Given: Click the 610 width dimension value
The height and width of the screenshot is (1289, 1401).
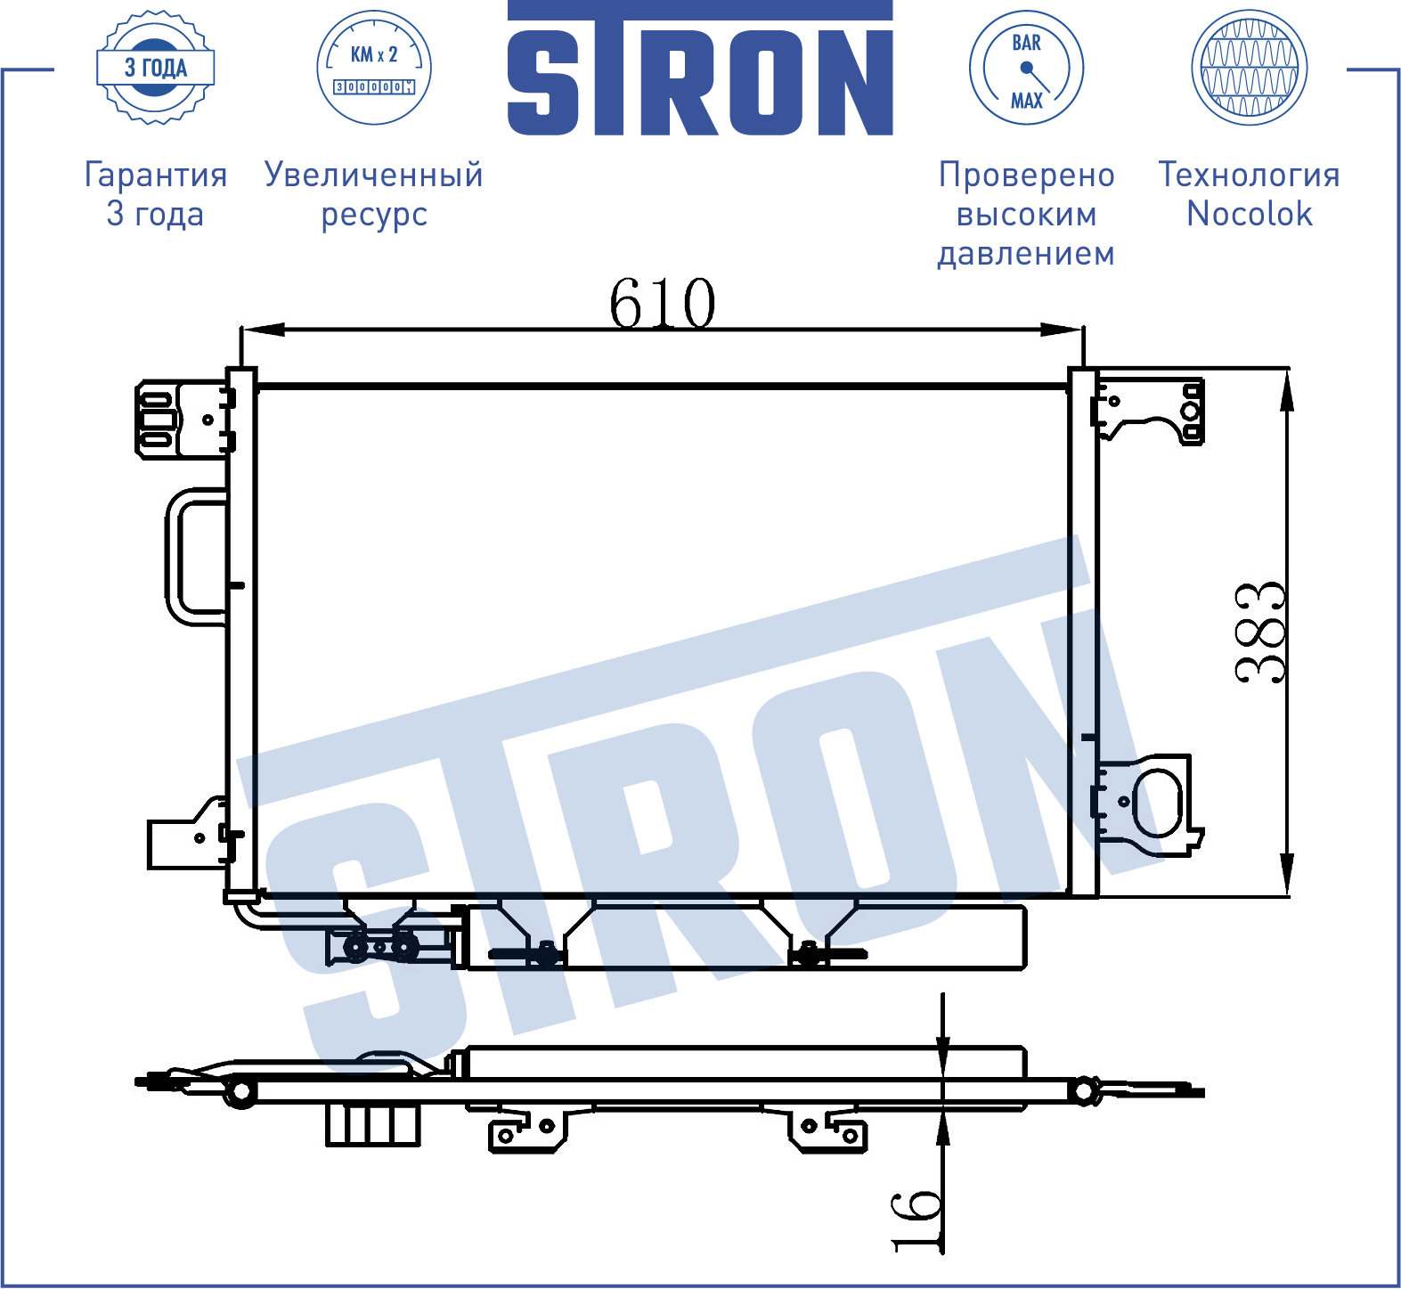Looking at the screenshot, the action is click(662, 303).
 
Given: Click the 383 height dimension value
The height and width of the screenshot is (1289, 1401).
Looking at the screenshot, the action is click(1260, 632).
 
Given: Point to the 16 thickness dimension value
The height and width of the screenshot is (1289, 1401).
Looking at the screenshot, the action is click(916, 1220).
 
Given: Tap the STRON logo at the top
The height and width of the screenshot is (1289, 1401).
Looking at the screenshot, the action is click(700, 69).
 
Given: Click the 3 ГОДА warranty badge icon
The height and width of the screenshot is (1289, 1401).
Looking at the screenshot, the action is click(156, 68).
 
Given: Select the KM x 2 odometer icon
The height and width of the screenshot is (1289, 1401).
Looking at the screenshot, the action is click(374, 68).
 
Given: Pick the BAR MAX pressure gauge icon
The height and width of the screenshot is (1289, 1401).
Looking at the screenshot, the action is click(1026, 68).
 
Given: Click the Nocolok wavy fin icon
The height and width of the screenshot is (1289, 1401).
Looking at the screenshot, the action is click(1250, 68).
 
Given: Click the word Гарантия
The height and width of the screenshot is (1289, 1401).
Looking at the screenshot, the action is click(156, 175).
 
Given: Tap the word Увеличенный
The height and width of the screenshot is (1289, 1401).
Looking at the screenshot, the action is click(374, 175).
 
